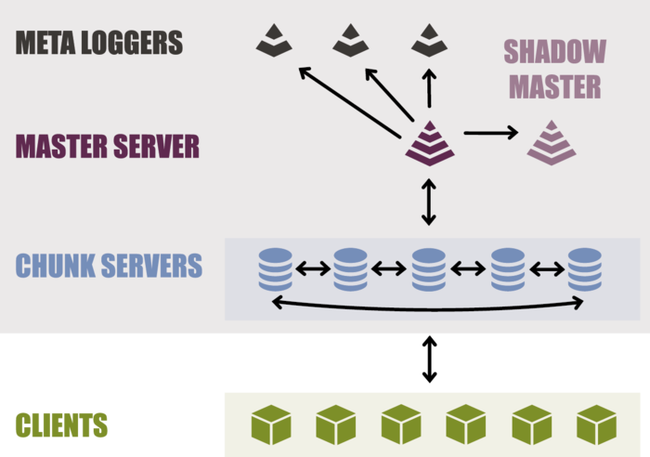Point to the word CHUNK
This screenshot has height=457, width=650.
(x=55, y=266)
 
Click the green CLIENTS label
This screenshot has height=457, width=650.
(x=61, y=425)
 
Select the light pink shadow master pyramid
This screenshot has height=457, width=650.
(x=552, y=143)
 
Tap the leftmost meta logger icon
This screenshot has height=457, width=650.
(x=274, y=40)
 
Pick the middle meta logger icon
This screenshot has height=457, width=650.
(x=351, y=40)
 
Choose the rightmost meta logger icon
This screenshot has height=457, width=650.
(x=429, y=40)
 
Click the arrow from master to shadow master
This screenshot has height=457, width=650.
(x=490, y=134)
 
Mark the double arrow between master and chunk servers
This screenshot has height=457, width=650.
(x=428, y=203)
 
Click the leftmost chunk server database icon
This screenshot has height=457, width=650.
(x=276, y=268)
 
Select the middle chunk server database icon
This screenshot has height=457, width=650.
(x=428, y=268)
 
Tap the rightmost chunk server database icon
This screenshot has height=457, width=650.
(x=585, y=268)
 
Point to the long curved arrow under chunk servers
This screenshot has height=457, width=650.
(x=427, y=307)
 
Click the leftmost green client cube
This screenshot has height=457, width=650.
(x=271, y=424)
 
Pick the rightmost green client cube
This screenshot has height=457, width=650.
(x=596, y=424)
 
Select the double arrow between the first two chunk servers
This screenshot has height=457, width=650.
(x=313, y=269)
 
